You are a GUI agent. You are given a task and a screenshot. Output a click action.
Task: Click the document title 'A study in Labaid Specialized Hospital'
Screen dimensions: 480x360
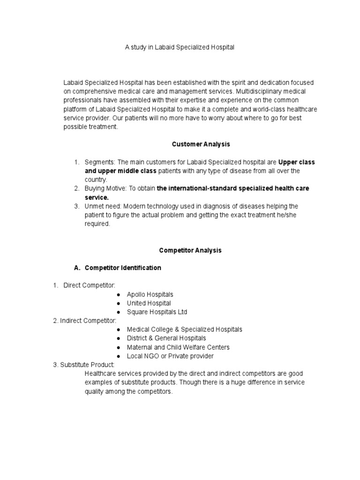click(180, 47)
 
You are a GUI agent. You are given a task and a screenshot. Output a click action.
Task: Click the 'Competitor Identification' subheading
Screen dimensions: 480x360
click(123, 268)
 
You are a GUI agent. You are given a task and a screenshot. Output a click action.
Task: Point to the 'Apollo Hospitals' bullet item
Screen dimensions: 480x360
click(150, 294)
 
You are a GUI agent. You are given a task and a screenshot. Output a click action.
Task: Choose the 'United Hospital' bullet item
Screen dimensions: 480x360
click(149, 303)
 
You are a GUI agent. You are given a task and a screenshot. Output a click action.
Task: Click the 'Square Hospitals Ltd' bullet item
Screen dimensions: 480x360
click(157, 312)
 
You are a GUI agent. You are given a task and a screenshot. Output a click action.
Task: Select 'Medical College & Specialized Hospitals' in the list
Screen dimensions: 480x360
click(184, 330)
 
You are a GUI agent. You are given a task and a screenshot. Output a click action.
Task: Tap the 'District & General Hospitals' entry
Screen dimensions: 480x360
click(166, 338)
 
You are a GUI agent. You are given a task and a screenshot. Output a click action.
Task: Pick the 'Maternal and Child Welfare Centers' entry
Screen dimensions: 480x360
click(178, 347)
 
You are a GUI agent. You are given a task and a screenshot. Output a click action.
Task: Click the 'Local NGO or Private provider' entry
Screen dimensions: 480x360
click(170, 356)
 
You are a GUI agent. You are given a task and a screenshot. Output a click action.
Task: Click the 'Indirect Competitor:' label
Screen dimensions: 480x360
click(88, 321)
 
